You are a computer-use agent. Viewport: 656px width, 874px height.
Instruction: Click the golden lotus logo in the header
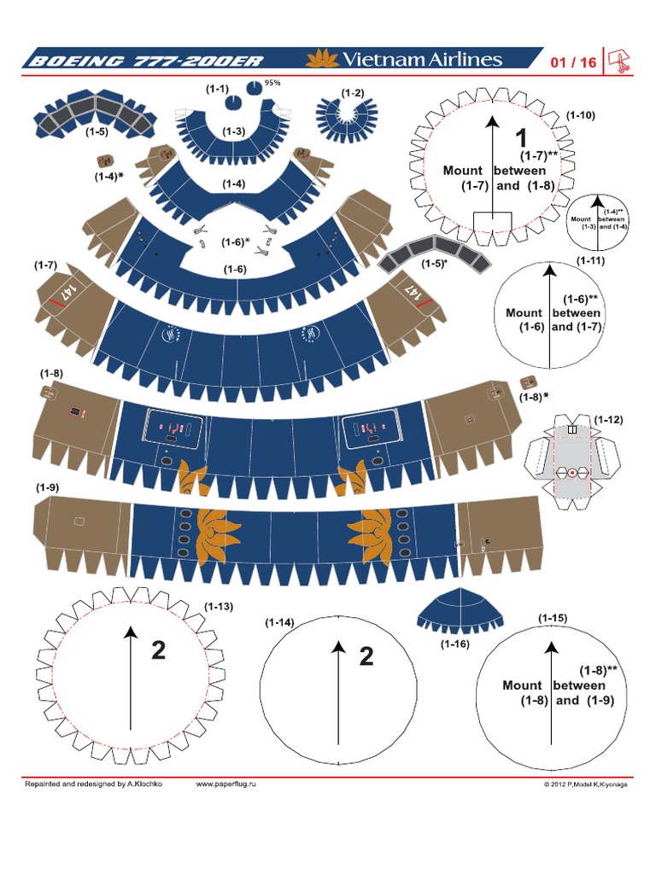pyautogui.click(x=322, y=59)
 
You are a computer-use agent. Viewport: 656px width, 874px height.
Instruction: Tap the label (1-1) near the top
pyautogui.click(x=217, y=89)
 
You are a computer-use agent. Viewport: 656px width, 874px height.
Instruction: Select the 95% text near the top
pyautogui.click(x=273, y=84)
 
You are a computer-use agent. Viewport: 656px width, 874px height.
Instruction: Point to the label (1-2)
pyautogui.click(x=352, y=92)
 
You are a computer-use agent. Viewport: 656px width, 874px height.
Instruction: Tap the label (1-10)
pyautogui.click(x=581, y=114)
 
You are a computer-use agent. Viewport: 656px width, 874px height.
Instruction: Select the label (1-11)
pyautogui.click(x=590, y=260)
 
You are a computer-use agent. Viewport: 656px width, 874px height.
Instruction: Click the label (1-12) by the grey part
pyautogui.click(x=608, y=419)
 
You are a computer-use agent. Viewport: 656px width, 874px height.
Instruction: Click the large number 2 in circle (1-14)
pyautogui.click(x=366, y=656)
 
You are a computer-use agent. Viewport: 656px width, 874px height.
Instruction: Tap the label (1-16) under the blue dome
pyautogui.click(x=455, y=644)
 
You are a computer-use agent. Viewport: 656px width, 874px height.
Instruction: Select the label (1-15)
pyautogui.click(x=553, y=617)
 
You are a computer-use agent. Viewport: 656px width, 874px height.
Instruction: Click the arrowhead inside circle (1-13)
pyautogui.click(x=131, y=632)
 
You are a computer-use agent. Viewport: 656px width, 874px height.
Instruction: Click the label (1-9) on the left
pyautogui.click(x=47, y=487)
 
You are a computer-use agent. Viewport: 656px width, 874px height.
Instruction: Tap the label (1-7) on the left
pyautogui.click(x=46, y=265)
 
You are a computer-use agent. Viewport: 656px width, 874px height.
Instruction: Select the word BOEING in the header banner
pyautogui.click(x=67, y=61)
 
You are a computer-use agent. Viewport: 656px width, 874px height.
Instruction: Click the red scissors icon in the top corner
pyautogui.click(x=618, y=61)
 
